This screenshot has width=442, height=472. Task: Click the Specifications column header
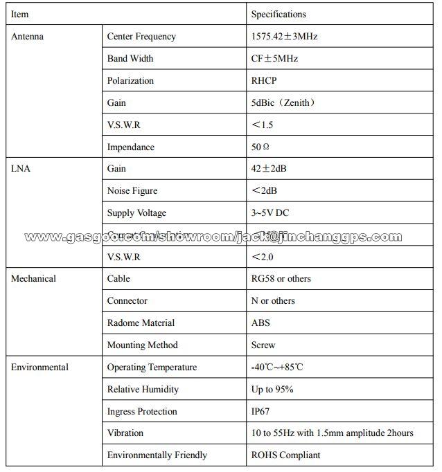[278, 14]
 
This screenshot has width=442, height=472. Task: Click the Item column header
[19, 14]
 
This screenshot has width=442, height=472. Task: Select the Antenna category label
[28, 37]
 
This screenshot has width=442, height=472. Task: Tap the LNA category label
[21, 169]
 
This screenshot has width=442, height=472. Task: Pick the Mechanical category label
[33, 279]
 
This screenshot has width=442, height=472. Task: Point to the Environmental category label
[39, 367]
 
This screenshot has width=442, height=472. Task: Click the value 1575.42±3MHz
[284, 37]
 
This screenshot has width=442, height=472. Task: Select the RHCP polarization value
[264, 81]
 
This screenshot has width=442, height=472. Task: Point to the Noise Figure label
[132, 191]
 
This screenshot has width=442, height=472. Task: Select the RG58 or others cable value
[281, 279]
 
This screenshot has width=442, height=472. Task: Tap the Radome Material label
[141, 323]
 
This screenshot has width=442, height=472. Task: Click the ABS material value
[260, 323]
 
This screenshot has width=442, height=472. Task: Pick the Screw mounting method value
[263, 345]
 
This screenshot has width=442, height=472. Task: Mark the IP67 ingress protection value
[261, 412]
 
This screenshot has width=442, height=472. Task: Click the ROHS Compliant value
[285, 455]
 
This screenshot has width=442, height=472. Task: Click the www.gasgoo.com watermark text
[213, 237]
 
